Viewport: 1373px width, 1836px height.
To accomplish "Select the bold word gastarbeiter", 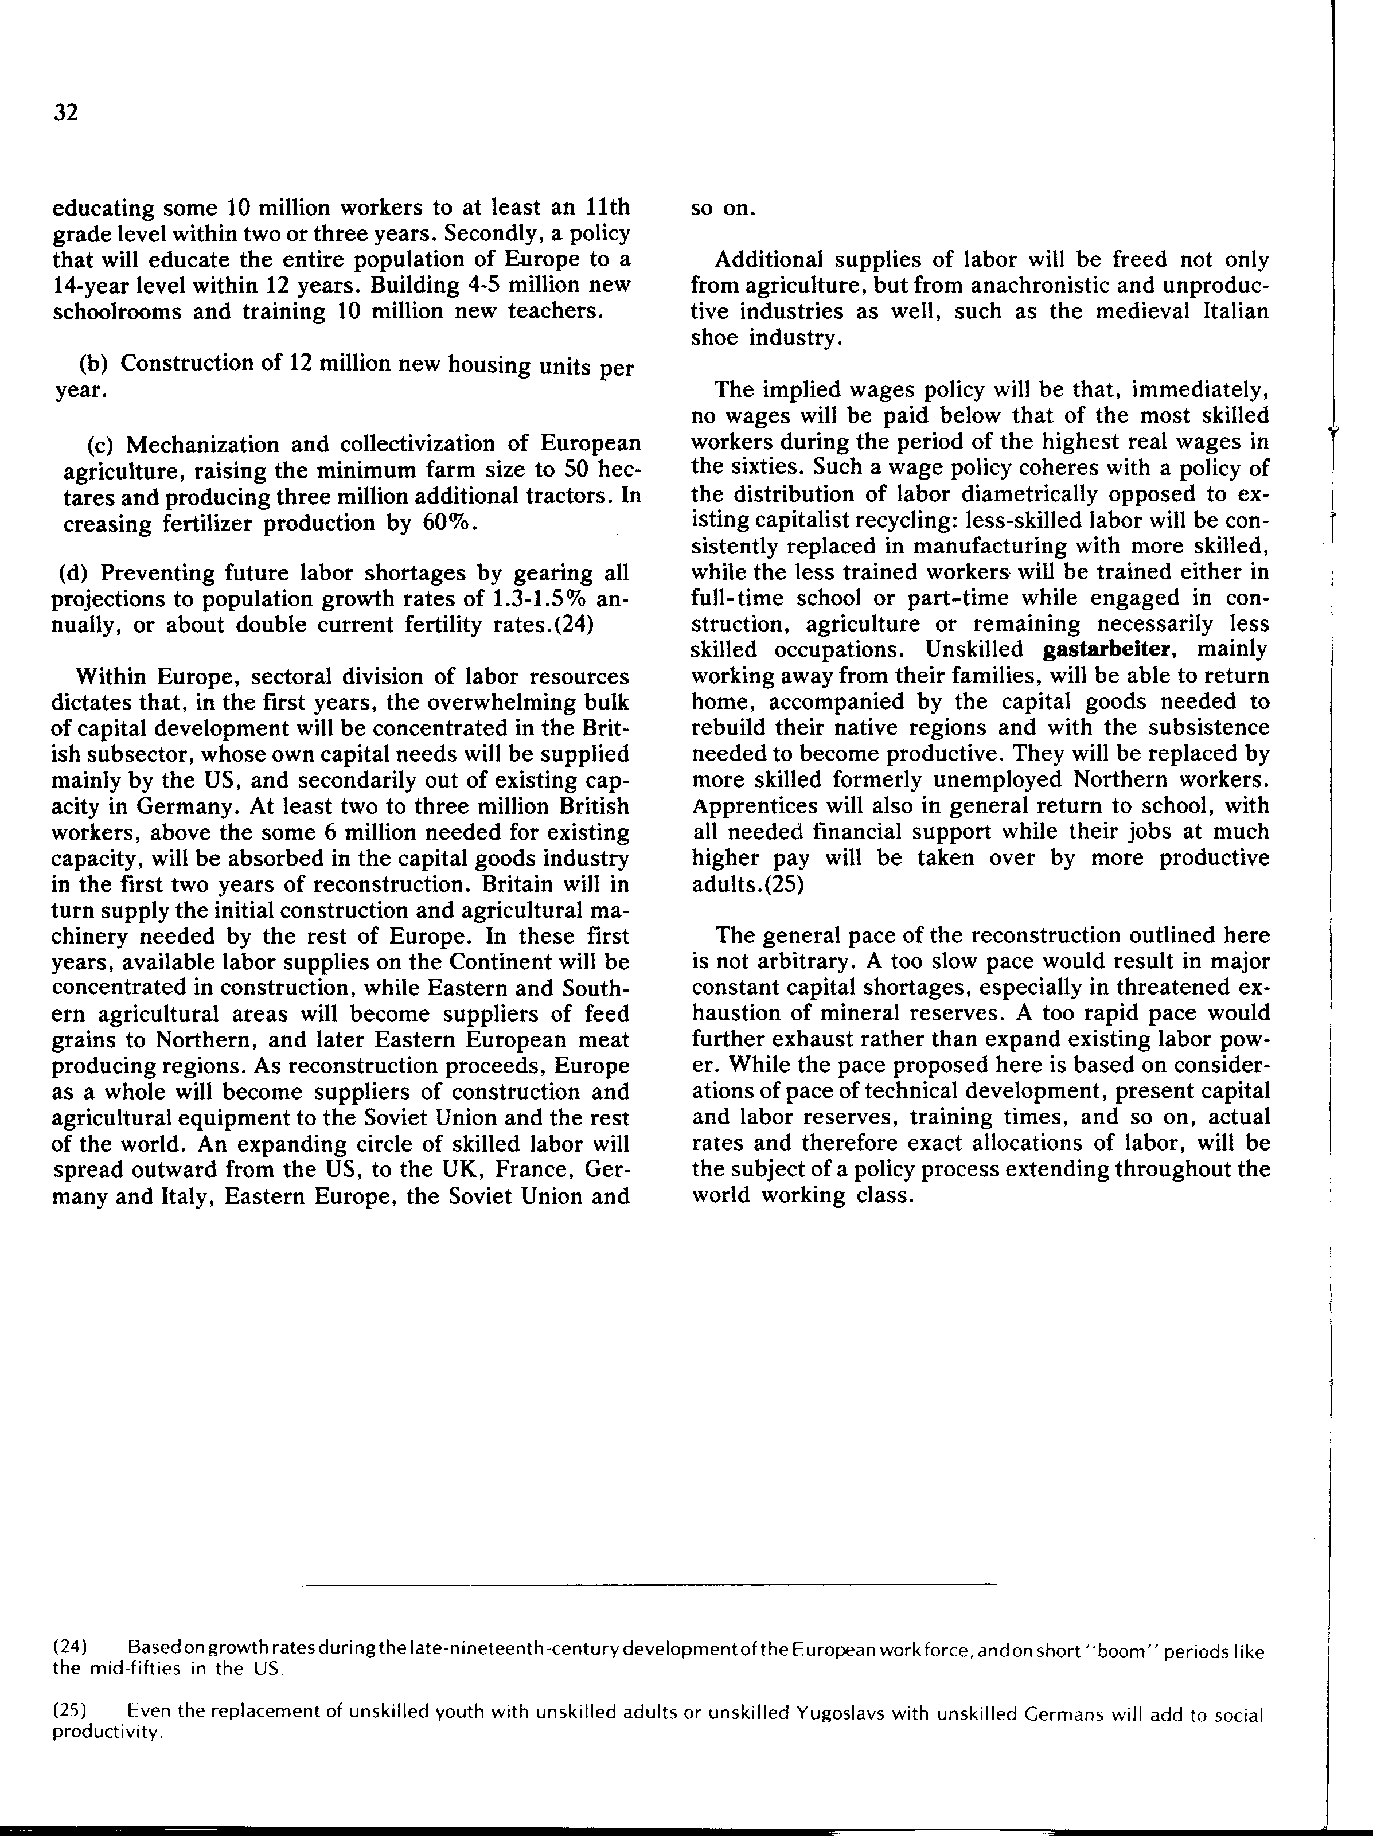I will tap(1111, 649).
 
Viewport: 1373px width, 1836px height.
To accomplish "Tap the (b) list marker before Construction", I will tap(95, 364).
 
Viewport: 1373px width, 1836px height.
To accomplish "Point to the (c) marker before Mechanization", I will tap(103, 444).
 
